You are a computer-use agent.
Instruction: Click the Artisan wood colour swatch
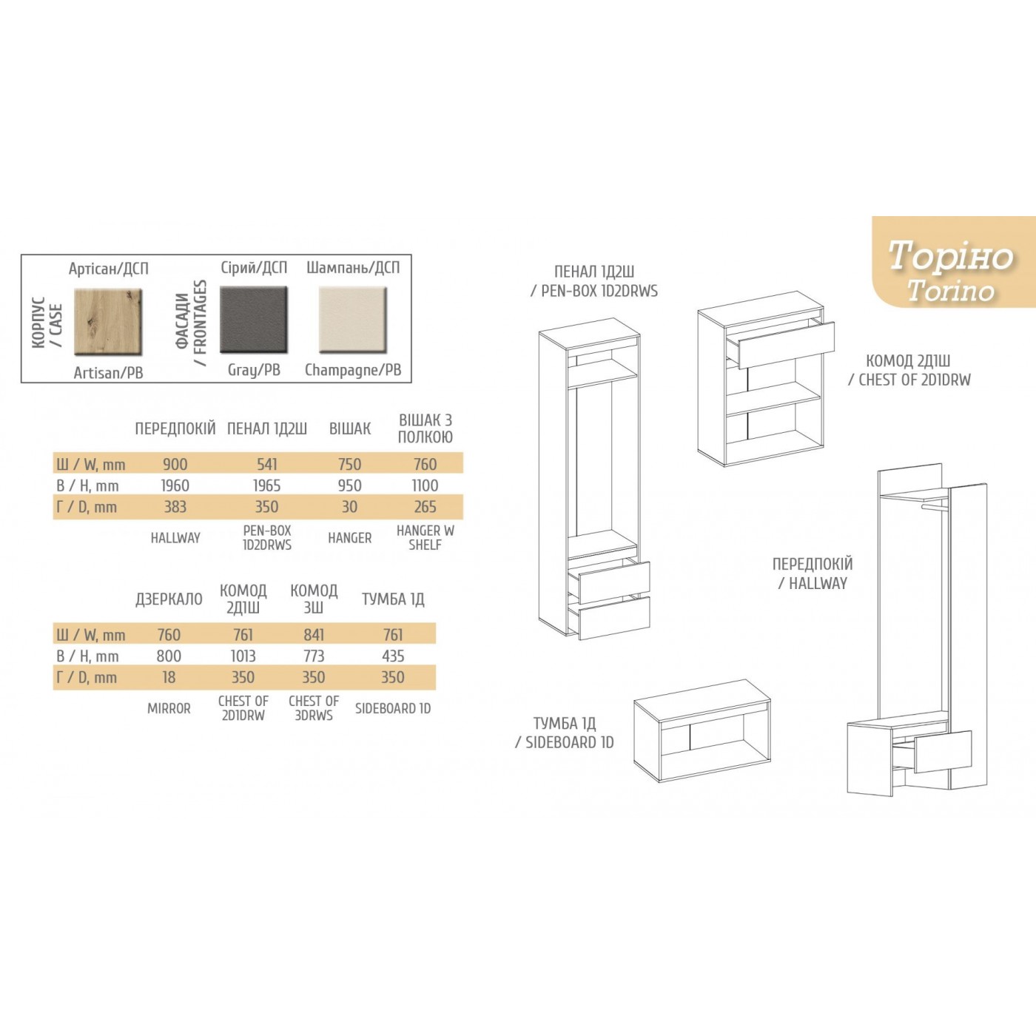tap(108, 322)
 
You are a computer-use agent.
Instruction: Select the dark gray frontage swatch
tap(254, 320)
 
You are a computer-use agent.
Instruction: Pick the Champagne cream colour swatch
tap(353, 320)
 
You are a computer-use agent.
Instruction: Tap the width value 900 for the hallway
tap(175, 465)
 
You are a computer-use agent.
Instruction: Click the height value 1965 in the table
tap(266, 486)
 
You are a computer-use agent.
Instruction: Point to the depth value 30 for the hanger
tap(349, 507)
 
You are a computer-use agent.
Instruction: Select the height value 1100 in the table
tap(425, 486)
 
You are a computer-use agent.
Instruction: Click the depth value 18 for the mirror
tap(169, 677)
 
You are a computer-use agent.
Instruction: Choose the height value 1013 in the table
tap(243, 656)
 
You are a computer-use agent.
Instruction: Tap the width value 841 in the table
tap(314, 635)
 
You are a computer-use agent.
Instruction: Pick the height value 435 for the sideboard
tap(393, 656)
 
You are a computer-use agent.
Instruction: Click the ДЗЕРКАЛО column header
tap(169, 599)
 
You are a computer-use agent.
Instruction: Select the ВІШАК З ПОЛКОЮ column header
tap(425, 428)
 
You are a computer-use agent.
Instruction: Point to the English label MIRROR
tap(169, 709)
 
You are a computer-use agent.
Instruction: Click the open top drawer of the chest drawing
tap(786, 345)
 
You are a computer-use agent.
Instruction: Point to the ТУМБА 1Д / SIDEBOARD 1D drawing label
tap(565, 733)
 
